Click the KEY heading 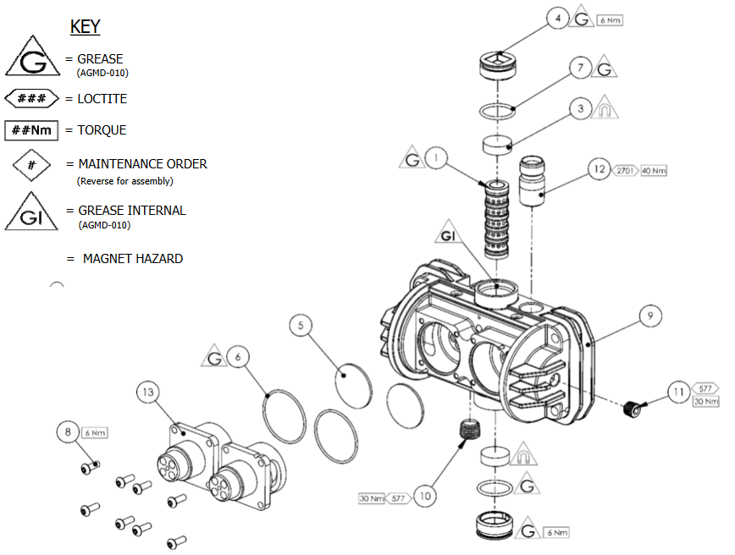coord(85,27)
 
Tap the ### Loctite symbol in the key coord(31,99)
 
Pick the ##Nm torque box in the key coord(31,130)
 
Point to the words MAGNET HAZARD coord(132,259)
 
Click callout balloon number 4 coord(556,19)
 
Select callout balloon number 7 coord(579,69)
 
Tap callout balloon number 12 coord(600,170)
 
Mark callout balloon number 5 coord(302,324)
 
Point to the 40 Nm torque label coord(654,171)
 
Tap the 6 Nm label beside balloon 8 coord(95,432)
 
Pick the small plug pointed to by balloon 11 coord(629,410)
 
